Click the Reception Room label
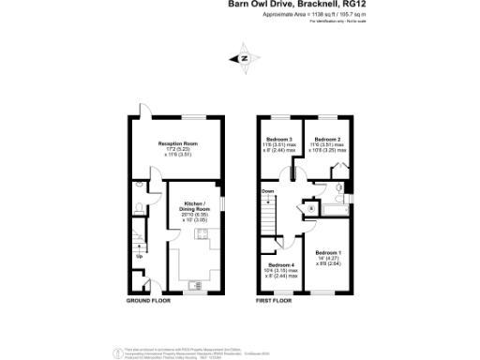tap(177, 143)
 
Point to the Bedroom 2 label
tap(327, 138)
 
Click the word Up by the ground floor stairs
tap(141, 256)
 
